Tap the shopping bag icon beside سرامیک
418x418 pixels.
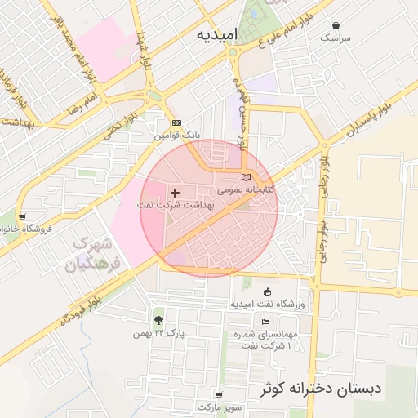click(x=336, y=26)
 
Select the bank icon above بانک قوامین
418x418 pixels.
click(x=176, y=123)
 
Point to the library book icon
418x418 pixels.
click(x=247, y=177)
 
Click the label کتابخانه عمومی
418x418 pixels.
click(x=246, y=189)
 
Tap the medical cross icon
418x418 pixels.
click(x=176, y=193)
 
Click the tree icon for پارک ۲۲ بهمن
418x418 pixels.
click(x=158, y=320)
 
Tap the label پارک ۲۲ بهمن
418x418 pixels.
click(x=159, y=334)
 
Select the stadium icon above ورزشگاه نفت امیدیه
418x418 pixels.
click(x=268, y=292)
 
